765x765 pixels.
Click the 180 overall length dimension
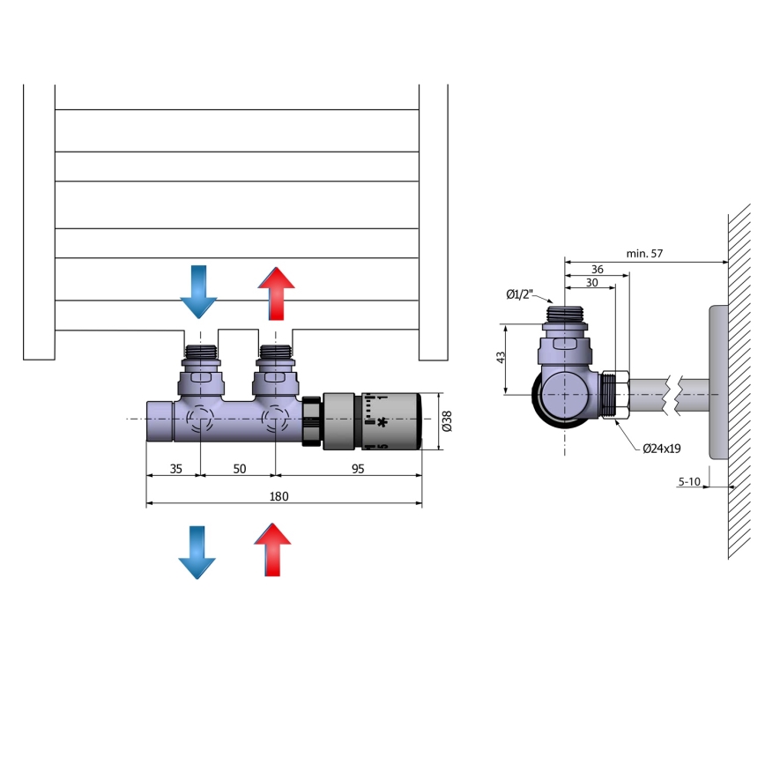point(279,496)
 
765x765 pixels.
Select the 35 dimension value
point(175,469)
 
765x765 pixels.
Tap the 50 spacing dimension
point(239,469)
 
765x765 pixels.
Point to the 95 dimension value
point(358,469)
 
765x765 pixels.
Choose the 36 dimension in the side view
point(598,269)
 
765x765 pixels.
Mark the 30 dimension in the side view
point(590,283)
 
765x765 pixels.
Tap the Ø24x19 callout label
point(661,449)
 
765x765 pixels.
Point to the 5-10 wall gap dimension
point(690,481)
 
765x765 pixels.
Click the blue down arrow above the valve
point(198,292)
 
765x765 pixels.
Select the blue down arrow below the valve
point(197,552)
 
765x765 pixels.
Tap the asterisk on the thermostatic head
point(382,423)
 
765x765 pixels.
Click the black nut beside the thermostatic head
point(312,423)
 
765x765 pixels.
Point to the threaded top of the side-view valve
point(564,313)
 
